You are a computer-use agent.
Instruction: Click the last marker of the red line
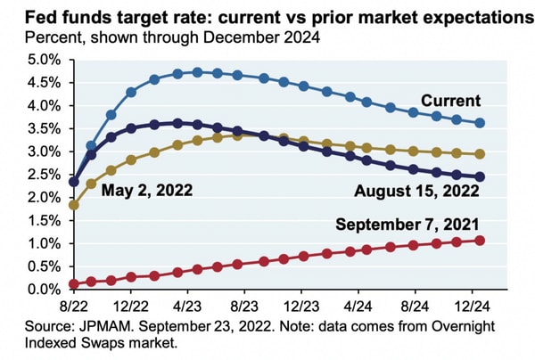click(481, 241)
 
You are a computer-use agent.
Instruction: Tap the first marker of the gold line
click(73, 205)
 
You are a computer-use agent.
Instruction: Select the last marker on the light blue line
click(481, 123)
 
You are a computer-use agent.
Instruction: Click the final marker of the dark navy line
click(481, 176)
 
